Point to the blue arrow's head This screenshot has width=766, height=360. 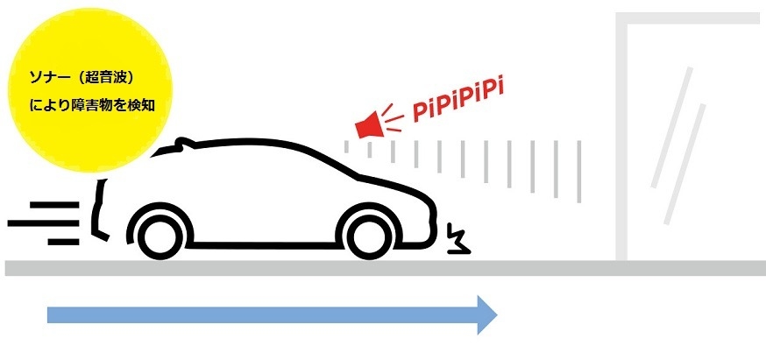point(487,315)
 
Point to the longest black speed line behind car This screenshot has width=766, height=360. point(43,223)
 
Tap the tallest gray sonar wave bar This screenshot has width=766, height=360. point(579,172)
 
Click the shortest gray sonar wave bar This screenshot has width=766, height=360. point(346,146)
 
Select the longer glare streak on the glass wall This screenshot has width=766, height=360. point(671,127)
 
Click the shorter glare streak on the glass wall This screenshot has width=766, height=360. point(684,164)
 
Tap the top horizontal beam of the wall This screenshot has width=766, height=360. point(688,18)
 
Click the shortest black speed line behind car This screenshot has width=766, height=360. point(63,242)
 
